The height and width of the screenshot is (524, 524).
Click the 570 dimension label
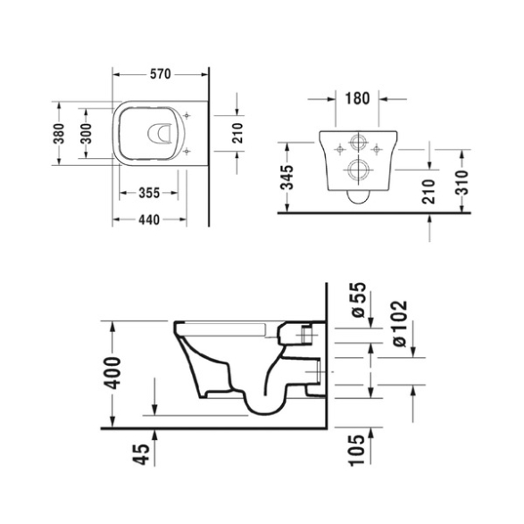pyautogui.click(x=161, y=74)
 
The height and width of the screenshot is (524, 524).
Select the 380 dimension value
pyautogui.click(x=59, y=133)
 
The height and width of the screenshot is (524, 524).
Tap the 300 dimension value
pyautogui.click(x=87, y=133)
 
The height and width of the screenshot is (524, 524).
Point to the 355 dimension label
pyautogui.click(x=149, y=193)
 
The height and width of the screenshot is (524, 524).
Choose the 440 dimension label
pyautogui.click(x=149, y=220)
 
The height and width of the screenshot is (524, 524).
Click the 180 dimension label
pyautogui.click(x=357, y=98)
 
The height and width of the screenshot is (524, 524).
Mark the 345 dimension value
pyautogui.click(x=287, y=177)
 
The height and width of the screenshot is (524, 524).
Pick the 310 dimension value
pyautogui.click(x=462, y=182)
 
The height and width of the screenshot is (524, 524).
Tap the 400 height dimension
pyautogui.click(x=112, y=373)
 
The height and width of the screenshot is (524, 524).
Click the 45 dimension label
pyautogui.click(x=141, y=454)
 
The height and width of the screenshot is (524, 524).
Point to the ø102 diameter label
pyautogui.click(x=399, y=323)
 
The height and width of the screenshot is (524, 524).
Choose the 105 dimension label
pyautogui.click(x=356, y=450)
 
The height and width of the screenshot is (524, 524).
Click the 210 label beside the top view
pyautogui.click(x=237, y=133)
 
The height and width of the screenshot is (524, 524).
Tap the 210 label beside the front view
pyautogui.click(x=429, y=192)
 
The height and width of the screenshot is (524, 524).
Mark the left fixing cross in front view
pyautogui.click(x=340, y=149)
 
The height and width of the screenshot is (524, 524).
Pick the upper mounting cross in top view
pyautogui.click(x=187, y=116)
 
